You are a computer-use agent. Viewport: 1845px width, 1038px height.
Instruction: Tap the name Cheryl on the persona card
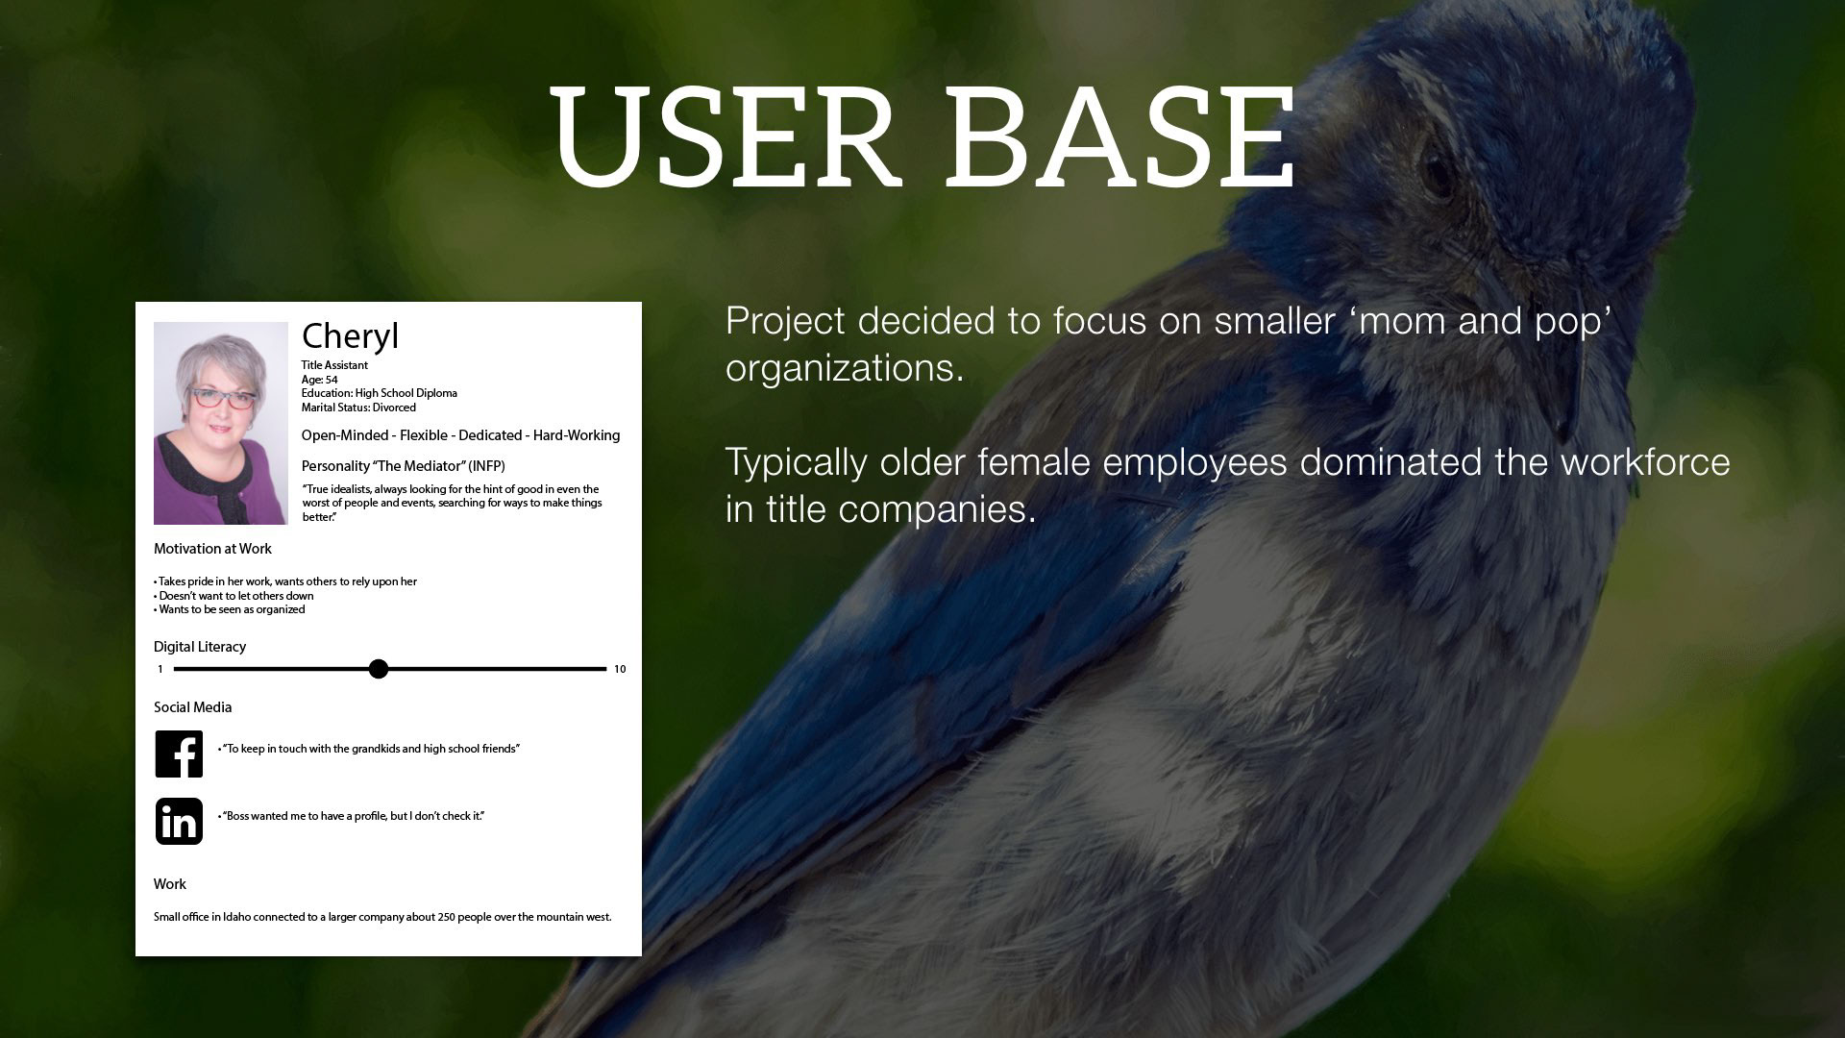point(350,336)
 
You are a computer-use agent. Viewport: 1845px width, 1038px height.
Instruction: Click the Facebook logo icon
point(180,754)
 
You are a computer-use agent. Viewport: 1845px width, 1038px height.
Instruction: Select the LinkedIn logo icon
point(180,822)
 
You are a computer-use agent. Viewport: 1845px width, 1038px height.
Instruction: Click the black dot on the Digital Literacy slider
point(379,669)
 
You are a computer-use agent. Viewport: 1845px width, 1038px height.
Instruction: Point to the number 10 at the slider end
point(620,669)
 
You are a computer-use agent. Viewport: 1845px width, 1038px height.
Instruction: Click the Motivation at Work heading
point(212,549)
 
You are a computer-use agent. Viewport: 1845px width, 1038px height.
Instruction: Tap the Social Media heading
point(192,707)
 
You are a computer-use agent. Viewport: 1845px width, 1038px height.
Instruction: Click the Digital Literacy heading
point(200,647)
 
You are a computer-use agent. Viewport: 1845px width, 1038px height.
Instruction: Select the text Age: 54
point(319,380)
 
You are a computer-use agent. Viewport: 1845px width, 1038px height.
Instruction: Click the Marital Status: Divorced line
point(358,408)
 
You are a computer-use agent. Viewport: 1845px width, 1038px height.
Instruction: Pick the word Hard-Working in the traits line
point(577,435)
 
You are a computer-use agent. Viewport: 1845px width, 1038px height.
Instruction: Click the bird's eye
point(1439,171)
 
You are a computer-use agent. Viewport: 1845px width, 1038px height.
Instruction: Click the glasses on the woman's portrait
point(223,398)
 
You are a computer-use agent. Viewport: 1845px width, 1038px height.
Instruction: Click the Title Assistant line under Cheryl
point(334,365)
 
